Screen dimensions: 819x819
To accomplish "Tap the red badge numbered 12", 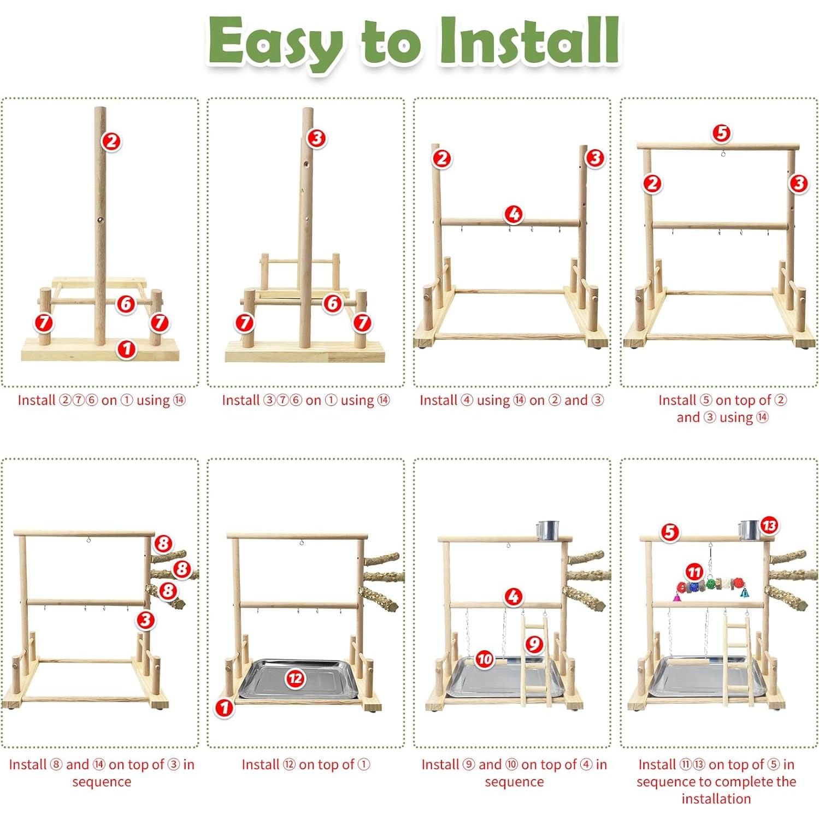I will tap(295, 678).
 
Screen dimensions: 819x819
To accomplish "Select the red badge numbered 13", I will tap(769, 526).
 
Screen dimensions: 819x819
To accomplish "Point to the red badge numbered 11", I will tap(694, 572).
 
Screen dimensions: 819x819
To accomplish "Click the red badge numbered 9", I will tap(534, 644).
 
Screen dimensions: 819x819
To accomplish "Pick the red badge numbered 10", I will tap(484, 659).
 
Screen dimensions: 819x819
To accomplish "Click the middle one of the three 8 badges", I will tap(182, 569).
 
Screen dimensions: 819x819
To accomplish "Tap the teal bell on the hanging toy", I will tap(744, 592).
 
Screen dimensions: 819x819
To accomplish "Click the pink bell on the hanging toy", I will tap(676, 598).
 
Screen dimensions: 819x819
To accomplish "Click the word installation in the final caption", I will tap(716, 799).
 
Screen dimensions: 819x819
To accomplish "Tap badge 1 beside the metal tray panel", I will tap(224, 708).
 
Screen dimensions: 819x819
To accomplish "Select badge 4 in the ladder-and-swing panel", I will tap(513, 597).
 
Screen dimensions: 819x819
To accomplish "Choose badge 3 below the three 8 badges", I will tap(145, 620).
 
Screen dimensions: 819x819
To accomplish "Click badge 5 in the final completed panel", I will tap(670, 532).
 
